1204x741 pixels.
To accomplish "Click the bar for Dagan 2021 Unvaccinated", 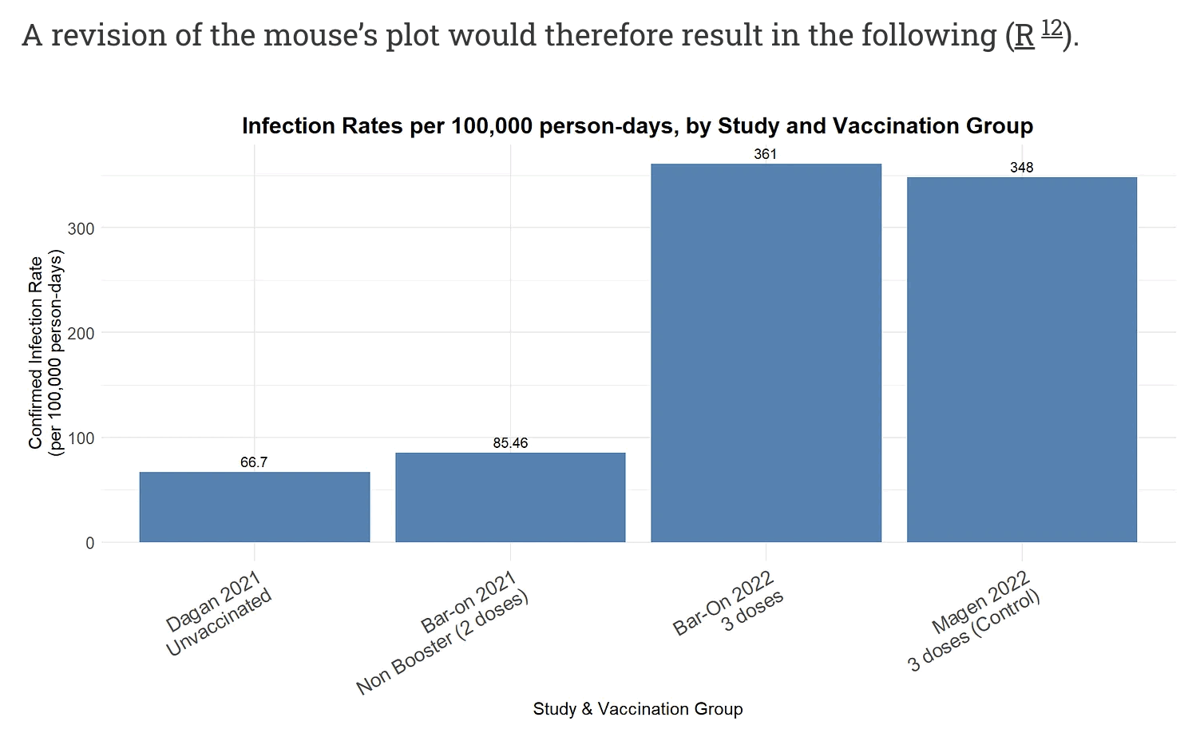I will coord(254,507).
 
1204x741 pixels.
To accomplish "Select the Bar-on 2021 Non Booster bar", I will coord(510,497).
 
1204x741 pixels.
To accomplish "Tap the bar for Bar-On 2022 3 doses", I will coord(766,353).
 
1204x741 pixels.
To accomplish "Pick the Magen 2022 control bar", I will coord(1021,359).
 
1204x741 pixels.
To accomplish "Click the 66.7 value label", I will coord(254,462).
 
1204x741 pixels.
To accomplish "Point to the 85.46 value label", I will coord(510,443).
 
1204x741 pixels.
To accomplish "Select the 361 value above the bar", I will coord(765,154).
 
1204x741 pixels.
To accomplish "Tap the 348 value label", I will coord(1021,168).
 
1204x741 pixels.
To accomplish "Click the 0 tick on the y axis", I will coord(89,543).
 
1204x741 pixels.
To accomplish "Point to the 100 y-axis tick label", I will coord(81,438).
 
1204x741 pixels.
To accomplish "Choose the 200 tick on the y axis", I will coord(81,333).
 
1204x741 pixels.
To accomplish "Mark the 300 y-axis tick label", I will coord(81,228).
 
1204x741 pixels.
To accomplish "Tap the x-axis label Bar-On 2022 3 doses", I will coord(728,604).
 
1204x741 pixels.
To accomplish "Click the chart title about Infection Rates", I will coord(637,126).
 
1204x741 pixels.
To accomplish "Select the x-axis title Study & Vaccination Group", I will coord(637,709).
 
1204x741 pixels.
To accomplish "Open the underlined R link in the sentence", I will coord(1024,36).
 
